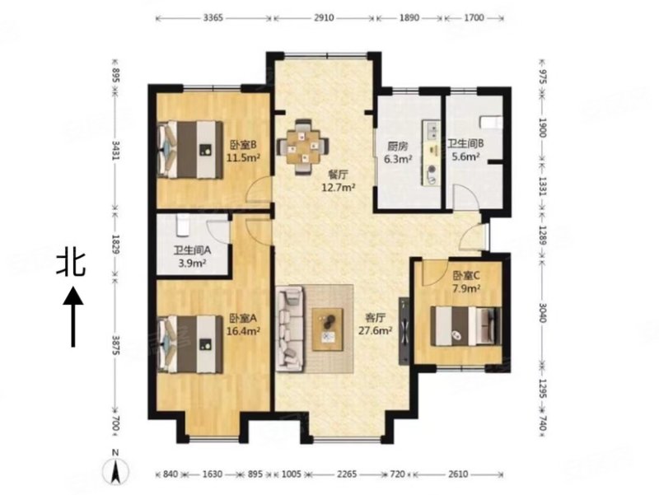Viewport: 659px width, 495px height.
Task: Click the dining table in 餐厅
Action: [x=303, y=147]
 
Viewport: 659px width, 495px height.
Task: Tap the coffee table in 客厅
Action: [x=328, y=329]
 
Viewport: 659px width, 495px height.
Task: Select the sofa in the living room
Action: [x=290, y=329]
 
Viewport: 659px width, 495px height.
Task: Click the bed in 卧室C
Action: [x=465, y=326]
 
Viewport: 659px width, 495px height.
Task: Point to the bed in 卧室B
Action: [x=190, y=149]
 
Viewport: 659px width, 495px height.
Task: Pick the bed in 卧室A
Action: [x=190, y=343]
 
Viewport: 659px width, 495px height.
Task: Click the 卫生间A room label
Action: [x=192, y=251]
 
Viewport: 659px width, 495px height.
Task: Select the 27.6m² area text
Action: [x=376, y=330]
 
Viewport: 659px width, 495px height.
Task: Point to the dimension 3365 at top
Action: [x=213, y=17]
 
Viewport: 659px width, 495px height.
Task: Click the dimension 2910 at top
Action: [x=324, y=17]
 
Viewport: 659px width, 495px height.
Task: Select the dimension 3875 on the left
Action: [x=116, y=345]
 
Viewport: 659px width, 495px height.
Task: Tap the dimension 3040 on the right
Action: [x=542, y=313]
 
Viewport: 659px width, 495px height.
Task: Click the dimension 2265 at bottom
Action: [x=347, y=474]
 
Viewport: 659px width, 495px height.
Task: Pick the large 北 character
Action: [x=71, y=264]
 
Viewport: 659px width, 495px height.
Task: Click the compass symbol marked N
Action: [x=116, y=470]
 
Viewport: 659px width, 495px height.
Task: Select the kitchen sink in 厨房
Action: [x=431, y=129]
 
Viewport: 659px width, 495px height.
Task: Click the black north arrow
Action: [x=73, y=316]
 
